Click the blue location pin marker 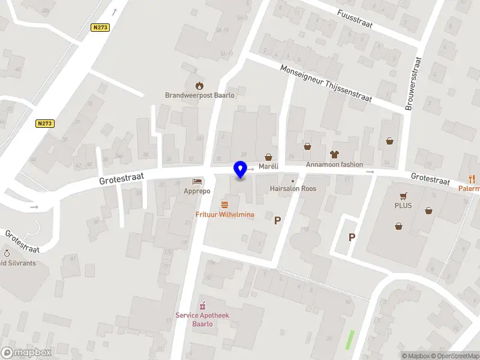241,169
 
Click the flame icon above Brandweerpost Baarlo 199,85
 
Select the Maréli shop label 268,166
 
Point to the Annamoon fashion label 334,164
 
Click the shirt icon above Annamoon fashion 334,154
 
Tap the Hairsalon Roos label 293,188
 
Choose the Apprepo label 197,191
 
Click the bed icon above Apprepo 197,181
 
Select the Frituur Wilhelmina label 225,215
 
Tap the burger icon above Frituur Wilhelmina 225,205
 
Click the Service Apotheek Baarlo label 202,319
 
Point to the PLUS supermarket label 403,205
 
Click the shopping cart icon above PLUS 403,196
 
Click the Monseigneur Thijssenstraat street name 326,83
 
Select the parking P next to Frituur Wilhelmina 277,220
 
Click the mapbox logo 26,353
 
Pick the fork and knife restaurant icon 472,178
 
